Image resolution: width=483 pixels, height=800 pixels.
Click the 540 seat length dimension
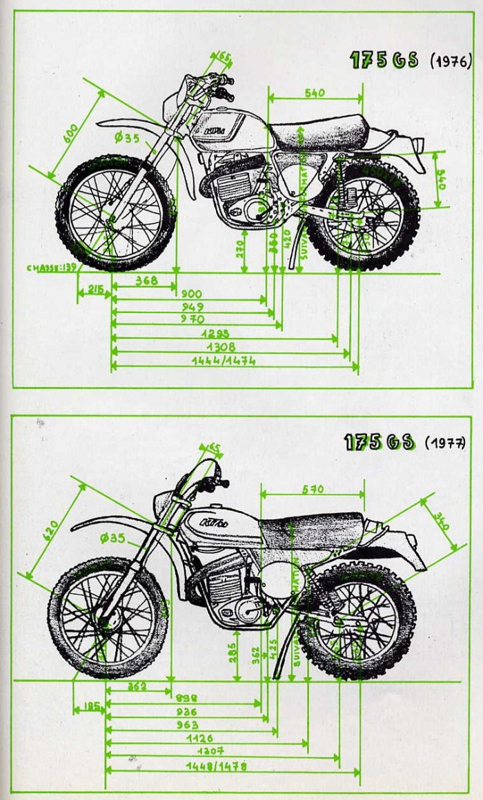tap(315, 92)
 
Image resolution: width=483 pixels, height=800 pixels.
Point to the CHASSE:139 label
tap(52, 268)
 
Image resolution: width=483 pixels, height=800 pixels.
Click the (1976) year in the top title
tap(451, 60)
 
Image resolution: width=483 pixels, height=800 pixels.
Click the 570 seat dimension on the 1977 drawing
tap(312, 490)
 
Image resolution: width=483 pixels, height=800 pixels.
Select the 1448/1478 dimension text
tap(216, 766)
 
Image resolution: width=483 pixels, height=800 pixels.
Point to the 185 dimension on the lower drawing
tap(90, 706)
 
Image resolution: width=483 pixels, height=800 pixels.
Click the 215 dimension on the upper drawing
tap(95, 291)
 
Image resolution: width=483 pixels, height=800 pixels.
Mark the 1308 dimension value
tap(201, 347)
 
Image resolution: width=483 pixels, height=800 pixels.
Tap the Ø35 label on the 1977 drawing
tap(113, 538)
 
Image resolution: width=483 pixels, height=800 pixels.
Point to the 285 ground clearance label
tap(235, 652)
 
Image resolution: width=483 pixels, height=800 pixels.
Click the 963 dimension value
tap(186, 725)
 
